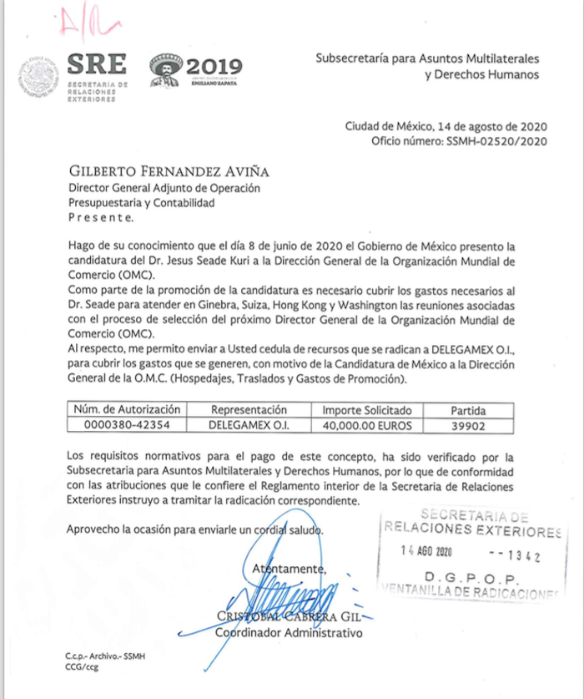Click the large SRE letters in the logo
coord(98,64)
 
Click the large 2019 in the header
coord(214,67)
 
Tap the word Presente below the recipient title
coord(99,218)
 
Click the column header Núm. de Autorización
coord(127,410)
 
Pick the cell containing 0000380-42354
coord(127,425)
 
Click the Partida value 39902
coord(468,425)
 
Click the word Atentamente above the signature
coord(288,569)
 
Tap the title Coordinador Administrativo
coord(289,633)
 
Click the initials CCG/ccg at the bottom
coord(82,668)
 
